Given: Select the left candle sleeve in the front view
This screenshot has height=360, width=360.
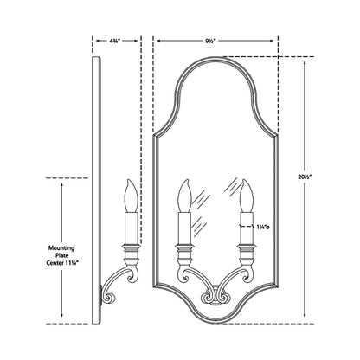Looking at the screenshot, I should (183, 223).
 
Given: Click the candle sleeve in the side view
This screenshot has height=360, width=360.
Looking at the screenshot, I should (130, 223).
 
